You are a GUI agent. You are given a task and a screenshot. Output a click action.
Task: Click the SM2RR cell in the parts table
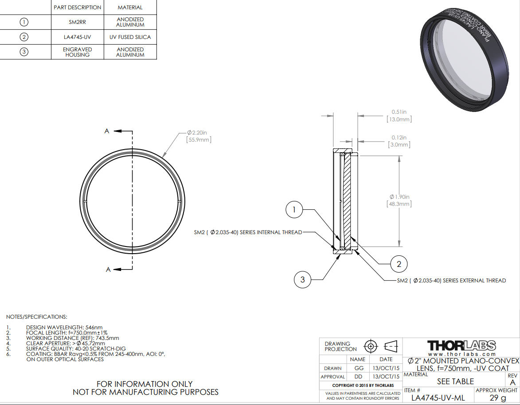click(x=77, y=22)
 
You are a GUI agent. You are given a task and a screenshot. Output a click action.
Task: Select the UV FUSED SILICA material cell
click(x=130, y=37)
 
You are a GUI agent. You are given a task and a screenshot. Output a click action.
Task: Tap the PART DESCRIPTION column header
click(x=77, y=7)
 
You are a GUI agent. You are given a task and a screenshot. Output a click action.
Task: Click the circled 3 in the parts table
click(x=24, y=52)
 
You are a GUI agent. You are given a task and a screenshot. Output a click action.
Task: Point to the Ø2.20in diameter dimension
click(x=199, y=136)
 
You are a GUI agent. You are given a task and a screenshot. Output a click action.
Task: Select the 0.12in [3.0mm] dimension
click(x=399, y=141)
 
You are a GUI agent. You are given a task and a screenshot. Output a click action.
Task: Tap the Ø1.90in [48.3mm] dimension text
click(x=399, y=201)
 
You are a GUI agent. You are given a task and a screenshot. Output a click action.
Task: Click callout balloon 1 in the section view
click(x=294, y=210)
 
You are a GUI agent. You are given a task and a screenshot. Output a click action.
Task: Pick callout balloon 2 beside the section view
click(x=399, y=264)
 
